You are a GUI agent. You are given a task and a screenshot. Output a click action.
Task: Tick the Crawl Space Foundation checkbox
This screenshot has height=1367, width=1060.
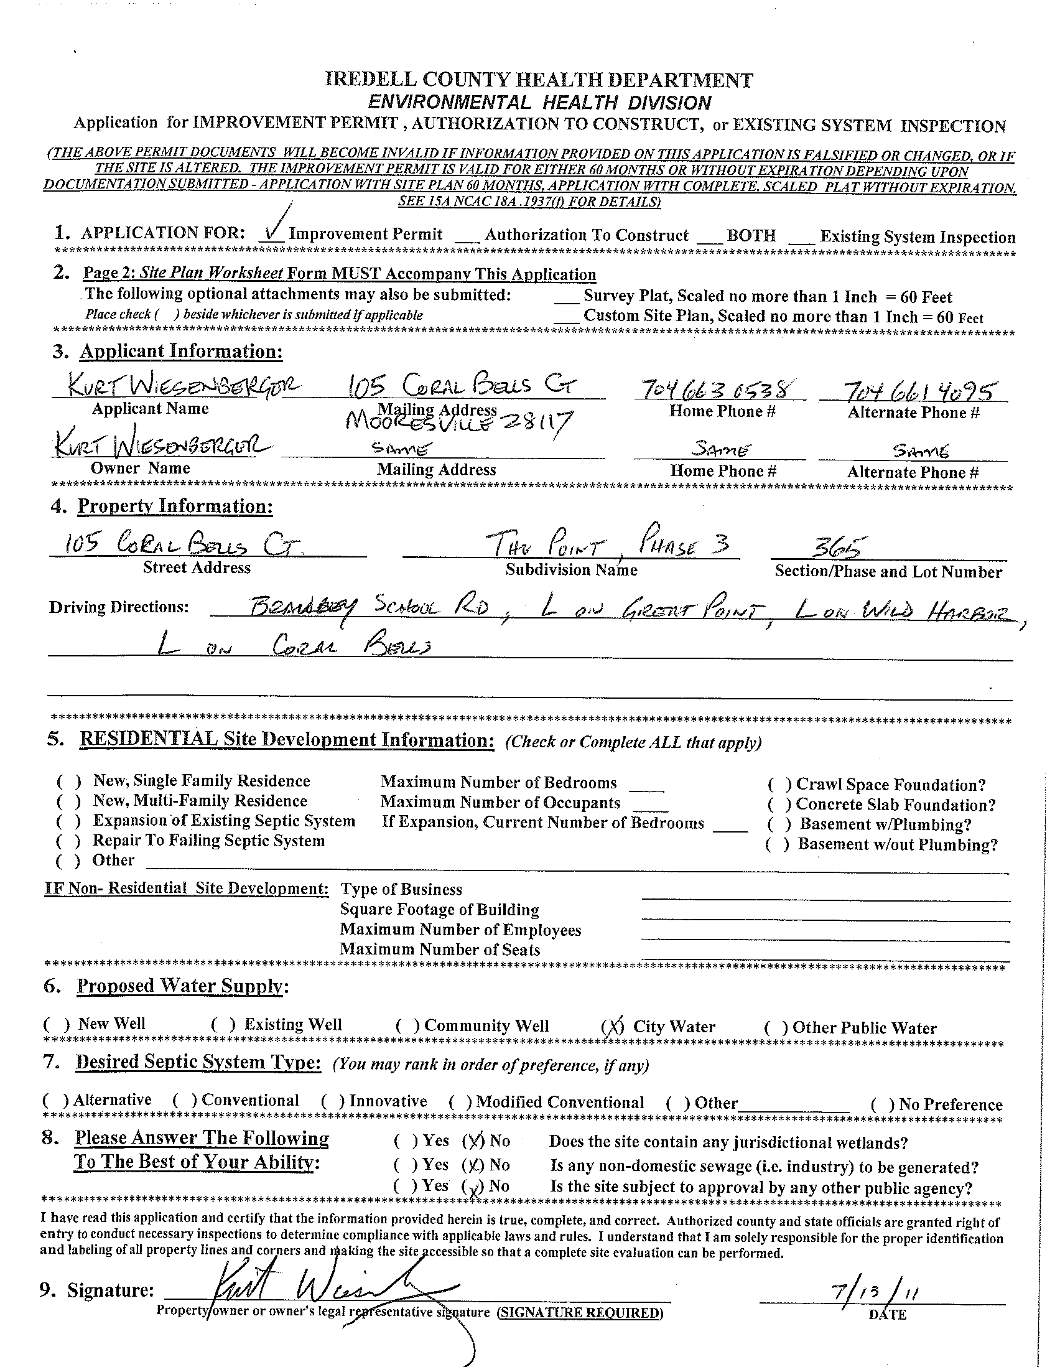(x=779, y=785)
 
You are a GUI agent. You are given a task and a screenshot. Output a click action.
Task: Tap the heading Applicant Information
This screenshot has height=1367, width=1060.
(x=181, y=352)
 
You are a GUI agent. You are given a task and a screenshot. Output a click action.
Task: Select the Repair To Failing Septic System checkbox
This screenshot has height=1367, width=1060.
(x=69, y=841)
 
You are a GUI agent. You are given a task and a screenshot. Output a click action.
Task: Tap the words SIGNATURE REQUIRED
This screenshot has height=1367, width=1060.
(x=579, y=1312)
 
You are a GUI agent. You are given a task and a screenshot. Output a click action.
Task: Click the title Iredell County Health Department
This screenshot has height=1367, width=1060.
(x=539, y=80)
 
